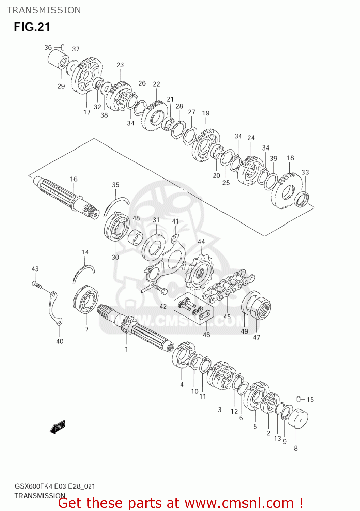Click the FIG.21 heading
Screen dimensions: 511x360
(x=32, y=27)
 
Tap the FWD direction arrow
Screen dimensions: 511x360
(x=58, y=427)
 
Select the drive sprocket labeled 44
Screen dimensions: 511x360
(x=199, y=273)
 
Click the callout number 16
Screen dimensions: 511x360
(x=74, y=179)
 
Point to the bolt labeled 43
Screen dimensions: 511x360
(x=36, y=284)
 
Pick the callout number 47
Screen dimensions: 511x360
(x=256, y=337)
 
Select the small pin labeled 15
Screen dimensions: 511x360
(x=299, y=399)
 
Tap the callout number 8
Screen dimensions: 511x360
(x=296, y=448)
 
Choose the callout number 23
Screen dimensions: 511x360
(x=120, y=65)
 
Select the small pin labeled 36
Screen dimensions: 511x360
(x=63, y=47)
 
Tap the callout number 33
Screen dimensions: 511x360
(x=305, y=172)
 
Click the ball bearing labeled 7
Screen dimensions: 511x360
(x=85, y=300)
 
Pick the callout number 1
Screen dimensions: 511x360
(x=126, y=349)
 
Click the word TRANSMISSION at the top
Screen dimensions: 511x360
(x=44, y=10)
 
